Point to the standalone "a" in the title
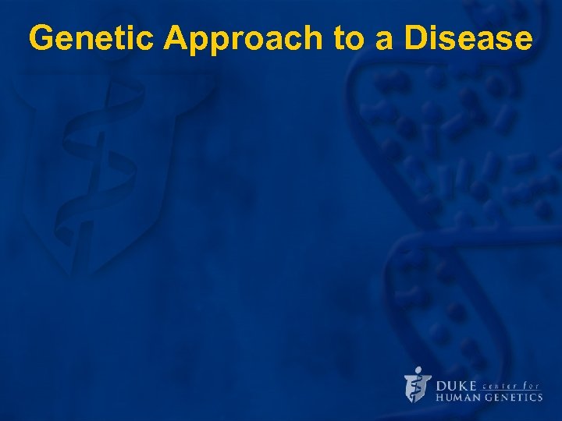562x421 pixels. tap(385, 39)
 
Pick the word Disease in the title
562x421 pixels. tap(468, 37)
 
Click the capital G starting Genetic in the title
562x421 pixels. tap(42, 37)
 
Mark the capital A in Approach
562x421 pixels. tap(177, 37)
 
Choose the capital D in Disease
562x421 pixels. tap(417, 37)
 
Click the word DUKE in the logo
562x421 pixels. tap(456, 385)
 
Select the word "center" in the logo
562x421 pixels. tap(501, 384)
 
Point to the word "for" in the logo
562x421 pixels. tap(533, 384)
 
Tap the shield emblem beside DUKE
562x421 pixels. tap(418, 387)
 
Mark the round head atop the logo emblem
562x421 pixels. tap(418, 370)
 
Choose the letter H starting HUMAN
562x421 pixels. tap(439, 398)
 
